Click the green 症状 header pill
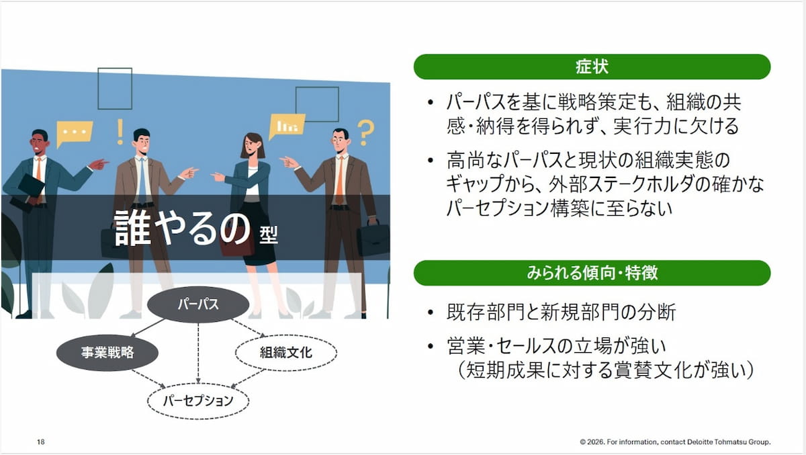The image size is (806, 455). point(592,67)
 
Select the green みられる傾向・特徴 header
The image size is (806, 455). point(592,273)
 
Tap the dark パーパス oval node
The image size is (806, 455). point(198,304)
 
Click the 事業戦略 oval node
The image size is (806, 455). point(107,352)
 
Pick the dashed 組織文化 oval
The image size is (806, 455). point(286,352)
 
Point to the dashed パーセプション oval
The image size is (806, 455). point(198,401)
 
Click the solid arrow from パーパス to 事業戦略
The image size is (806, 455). point(148,328)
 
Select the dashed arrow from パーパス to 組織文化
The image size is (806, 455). point(249,328)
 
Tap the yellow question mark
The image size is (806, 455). point(365,133)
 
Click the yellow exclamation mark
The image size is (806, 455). point(120,132)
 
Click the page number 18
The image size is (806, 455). point(41,442)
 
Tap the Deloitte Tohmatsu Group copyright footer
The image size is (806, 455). point(675,442)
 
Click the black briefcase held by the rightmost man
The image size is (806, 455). point(373,238)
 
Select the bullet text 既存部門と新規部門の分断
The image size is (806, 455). point(562,312)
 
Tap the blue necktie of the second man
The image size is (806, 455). point(142,181)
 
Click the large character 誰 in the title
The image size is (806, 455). point(132,229)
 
